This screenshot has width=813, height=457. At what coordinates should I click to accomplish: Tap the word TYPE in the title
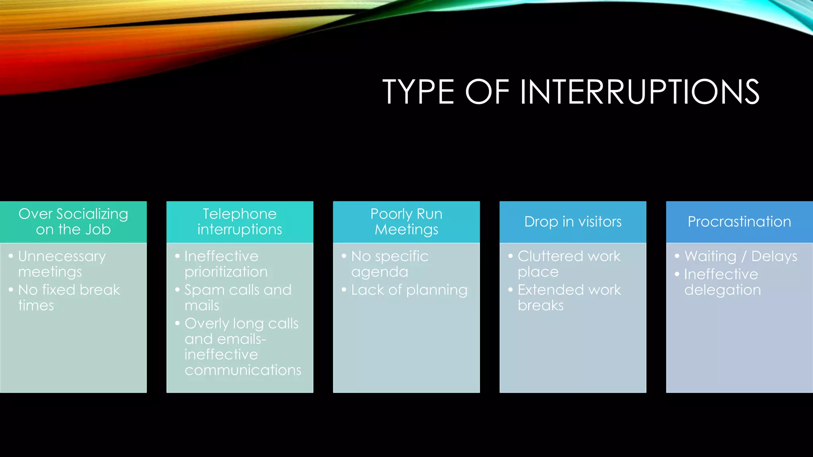coord(418,92)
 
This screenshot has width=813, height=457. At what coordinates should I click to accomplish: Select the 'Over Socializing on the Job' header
coord(73,222)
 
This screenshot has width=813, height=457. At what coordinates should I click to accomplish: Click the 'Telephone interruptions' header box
coord(240,222)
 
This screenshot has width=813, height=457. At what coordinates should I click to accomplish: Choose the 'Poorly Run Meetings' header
coord(406,222)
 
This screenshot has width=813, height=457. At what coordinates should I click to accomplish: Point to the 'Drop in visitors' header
coord(573,222)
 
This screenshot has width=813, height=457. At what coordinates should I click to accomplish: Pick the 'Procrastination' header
coord(739,222)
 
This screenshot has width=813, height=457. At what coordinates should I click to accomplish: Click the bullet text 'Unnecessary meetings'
coord(62,264)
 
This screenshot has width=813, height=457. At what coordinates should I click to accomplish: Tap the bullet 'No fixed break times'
coord(69,298)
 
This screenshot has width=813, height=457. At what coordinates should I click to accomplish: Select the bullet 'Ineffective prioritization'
coord(226,264)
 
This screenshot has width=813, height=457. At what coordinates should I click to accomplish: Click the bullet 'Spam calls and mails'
coord(238,298)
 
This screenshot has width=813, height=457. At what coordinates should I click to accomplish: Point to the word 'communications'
coord(243,370)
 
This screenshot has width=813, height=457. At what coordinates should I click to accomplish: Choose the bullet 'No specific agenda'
coord(389,264)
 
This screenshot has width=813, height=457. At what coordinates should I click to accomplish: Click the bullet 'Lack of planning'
coord(409,290)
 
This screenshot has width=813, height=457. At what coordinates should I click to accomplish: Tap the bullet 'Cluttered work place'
coord(569,264)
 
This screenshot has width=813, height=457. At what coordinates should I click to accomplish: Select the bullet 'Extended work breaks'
coord(569,298)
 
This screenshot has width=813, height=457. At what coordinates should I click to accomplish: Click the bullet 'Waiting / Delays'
coord(741,256)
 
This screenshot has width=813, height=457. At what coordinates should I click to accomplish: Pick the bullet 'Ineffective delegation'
coord(722,282)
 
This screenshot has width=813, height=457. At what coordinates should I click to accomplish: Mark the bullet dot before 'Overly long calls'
coord(177,323)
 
